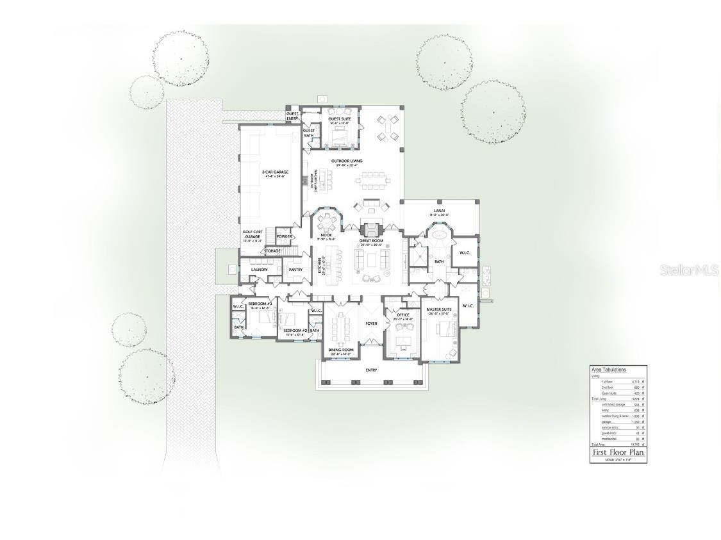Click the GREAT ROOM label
click(x=370, y=241)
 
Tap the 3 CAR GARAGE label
click(x=275, y=172)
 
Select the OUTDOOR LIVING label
click(x=347, y=161)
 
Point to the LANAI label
click(x=439, y=210)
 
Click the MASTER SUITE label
click(x=439, y=310)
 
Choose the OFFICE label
click(x=402, y=315)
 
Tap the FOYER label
click(x=371, y=323)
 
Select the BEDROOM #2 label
click(x=295, y=331)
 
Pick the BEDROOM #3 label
click(x=260, y=303)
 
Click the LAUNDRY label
click(x=259, y=270)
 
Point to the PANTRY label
click(x=295, y=270)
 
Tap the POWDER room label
click(x=285, y=236)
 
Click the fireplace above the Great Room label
click(x=371, y=228)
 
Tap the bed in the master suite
click(x=447, y=329)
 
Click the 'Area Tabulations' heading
click(x=608, y=370)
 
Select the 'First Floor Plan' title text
click(x=618, y=452)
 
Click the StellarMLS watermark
click(x=689, y=271)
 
